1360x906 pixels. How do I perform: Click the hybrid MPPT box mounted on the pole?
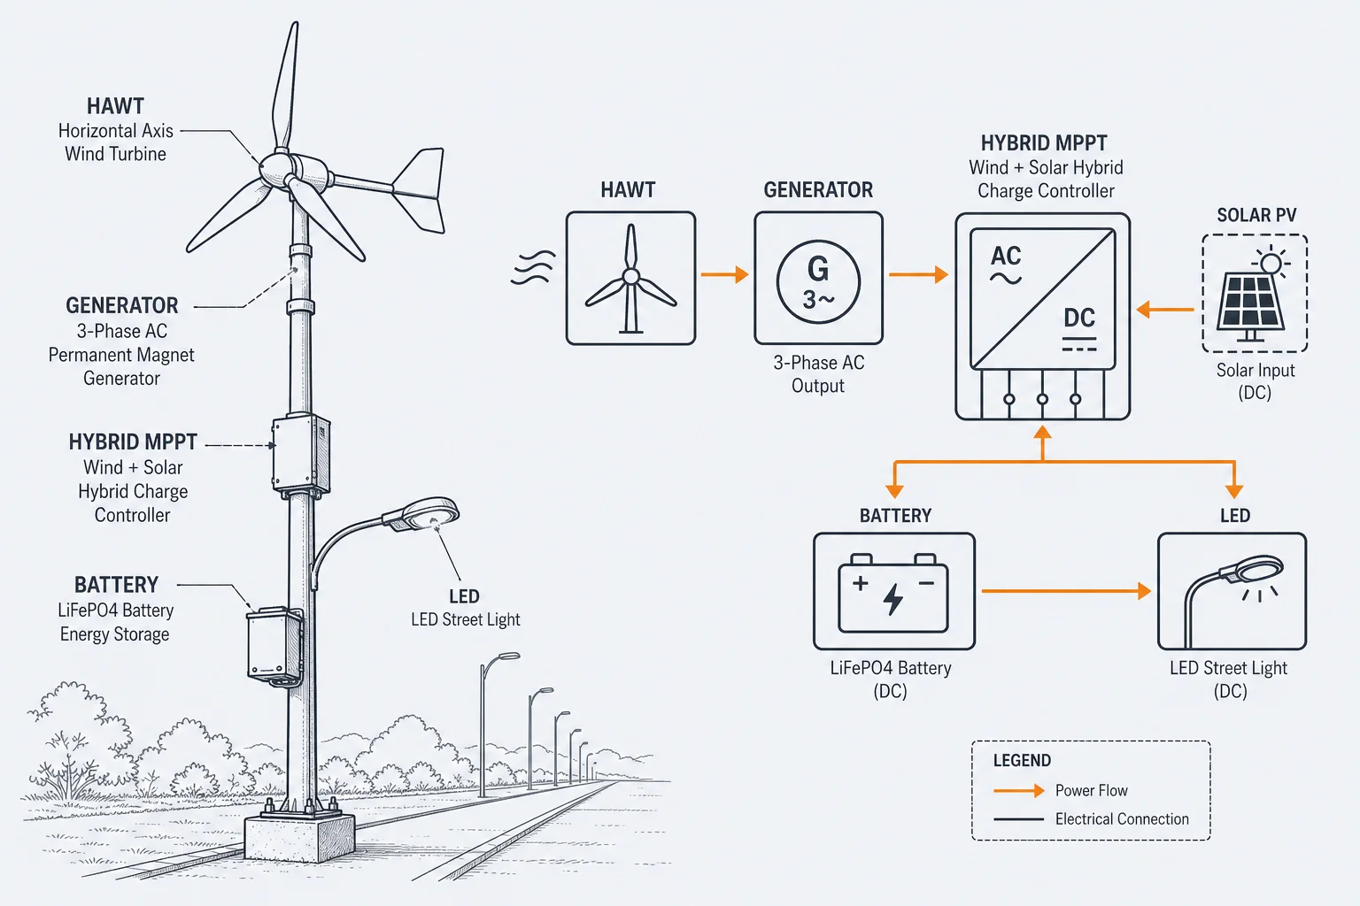300,454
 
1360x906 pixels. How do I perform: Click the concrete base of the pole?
299,837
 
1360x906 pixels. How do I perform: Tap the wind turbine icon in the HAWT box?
630,279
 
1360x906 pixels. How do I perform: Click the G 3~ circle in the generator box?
818,281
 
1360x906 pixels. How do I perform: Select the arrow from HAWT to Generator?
724,274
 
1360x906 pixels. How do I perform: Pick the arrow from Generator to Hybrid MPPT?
918,274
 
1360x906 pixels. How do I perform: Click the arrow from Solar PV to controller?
1165,310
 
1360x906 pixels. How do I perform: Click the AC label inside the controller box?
1006,256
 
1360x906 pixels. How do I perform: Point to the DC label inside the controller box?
1079,318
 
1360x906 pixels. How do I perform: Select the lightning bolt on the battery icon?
892,600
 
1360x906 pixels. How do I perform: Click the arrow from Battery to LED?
1066,590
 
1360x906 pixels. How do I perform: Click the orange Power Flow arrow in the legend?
1019,790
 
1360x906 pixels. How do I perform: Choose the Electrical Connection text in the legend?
1122,818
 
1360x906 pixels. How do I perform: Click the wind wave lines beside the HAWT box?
533,267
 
